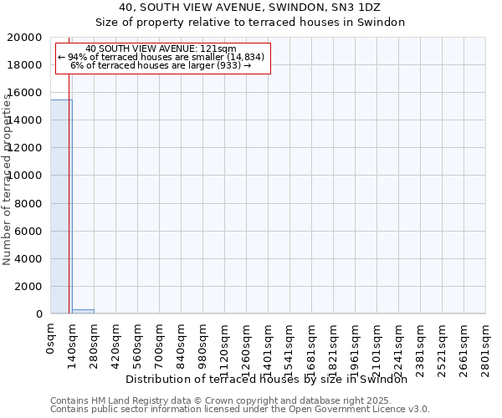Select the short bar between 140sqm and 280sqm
(83, 311)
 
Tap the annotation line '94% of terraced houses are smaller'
(161, 57)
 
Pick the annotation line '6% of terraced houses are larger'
(161, 65)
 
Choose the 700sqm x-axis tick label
(160, 343)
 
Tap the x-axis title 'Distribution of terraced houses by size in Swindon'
(271, 379)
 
